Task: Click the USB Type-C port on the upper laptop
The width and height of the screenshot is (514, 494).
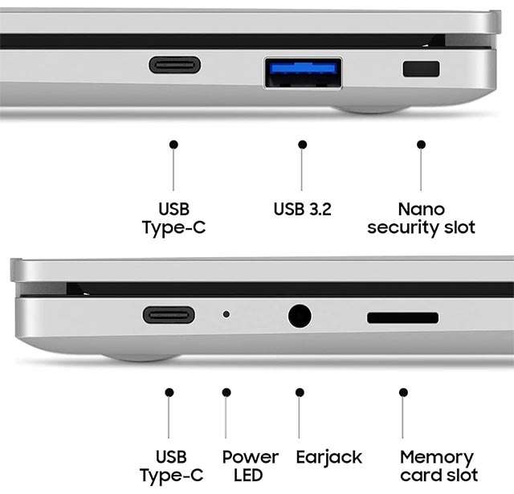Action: point(175,65)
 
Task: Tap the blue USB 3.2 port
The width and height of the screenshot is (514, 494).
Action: point(304,72)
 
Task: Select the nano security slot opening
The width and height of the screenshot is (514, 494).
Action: point(421,69)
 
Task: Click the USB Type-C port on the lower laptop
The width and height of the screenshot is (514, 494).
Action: point(169,315)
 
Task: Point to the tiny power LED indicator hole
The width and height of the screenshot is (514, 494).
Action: point(226,314)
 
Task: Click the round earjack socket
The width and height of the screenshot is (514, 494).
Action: point(300,316)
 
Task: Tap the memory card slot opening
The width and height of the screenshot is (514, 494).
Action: point(403,317)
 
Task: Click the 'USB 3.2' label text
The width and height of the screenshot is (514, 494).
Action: point(302,209)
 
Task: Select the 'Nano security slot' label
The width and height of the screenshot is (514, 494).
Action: point(421,218)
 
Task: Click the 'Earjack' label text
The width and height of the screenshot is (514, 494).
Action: point(329,458)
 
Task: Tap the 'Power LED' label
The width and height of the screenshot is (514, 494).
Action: point(251,466)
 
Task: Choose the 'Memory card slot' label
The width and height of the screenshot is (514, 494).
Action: point(439,466)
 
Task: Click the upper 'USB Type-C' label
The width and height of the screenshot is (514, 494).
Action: point(174,218)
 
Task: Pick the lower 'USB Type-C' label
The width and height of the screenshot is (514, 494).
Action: point(171,467)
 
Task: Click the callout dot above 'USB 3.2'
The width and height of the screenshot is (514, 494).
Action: point(303,145)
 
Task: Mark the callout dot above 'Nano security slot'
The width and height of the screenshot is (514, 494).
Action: point(421,145)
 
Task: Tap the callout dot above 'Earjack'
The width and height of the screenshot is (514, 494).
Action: point(300,392)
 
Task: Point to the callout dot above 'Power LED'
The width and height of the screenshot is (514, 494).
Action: point(226,392)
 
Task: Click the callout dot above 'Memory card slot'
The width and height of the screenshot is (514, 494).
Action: point(403,392)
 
